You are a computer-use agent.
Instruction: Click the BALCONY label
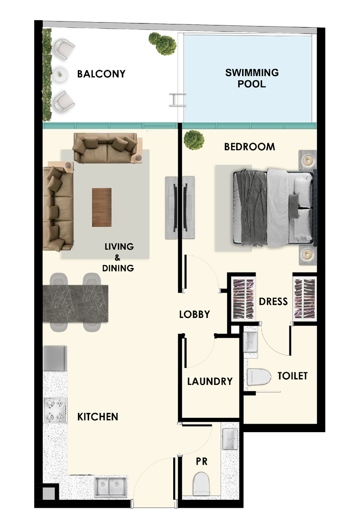(x=101, y=74)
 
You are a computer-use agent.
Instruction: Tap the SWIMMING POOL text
(x=252, y=78)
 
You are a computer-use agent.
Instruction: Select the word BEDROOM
(x=249, y=147)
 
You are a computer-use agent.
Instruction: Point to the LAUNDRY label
(x=210, y=381)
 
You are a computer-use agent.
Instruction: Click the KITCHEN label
(x=98, y=416)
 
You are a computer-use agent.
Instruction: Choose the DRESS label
(x=273, y=301)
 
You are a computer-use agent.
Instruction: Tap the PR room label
(x=201, y=461)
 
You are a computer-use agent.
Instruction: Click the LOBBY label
(x=194, y=314)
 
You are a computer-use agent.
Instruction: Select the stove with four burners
(x=55, y=410)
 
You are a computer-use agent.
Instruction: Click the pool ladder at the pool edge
(x=177, y=99)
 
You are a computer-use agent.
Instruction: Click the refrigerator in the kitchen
(x=55, y=358)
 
